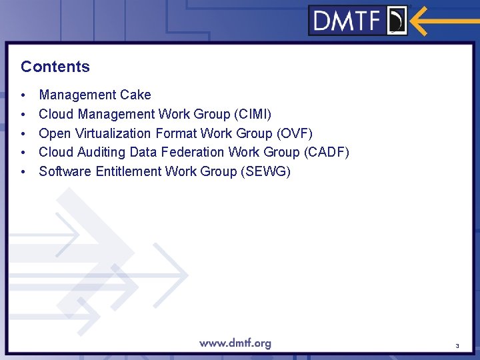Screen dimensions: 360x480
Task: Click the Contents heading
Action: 55,67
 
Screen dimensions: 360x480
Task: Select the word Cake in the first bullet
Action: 136,95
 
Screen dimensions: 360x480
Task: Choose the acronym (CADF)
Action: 326,152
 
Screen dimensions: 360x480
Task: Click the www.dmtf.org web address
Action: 235,343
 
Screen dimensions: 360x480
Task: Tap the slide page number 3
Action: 457,346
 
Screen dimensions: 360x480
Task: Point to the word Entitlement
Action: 128,171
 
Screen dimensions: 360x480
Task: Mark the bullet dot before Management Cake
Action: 23,95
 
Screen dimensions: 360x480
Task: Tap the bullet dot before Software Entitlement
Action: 23,172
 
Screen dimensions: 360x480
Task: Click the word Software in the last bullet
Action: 65,171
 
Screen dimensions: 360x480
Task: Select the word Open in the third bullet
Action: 53,133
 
